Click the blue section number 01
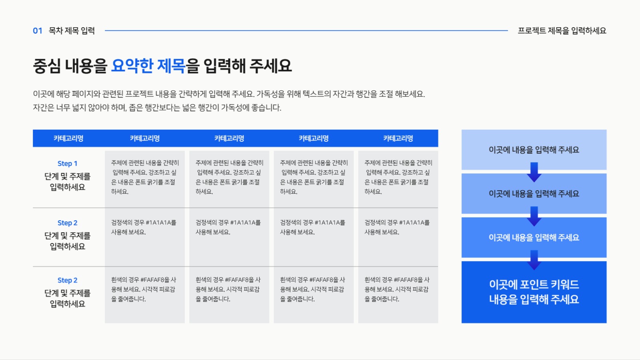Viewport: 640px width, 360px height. click(x=38, y=31)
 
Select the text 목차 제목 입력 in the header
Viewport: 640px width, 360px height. click(x=72, y=31)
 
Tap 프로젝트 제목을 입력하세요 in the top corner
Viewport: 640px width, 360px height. click(x=562, y=31)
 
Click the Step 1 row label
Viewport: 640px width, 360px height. click(x=67, y=163)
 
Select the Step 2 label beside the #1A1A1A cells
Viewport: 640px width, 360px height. click(x=67, y=223)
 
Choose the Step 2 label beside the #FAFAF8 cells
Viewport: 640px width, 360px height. click(x=67, y=280)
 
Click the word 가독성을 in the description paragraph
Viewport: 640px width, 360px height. click(x=270, y=94)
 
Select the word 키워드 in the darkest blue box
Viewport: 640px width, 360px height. click(x=565, y=285)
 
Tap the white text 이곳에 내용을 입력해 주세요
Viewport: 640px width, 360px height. click(x=534, y=237)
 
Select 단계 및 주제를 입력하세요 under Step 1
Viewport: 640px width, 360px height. click(x=67, y=182)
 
